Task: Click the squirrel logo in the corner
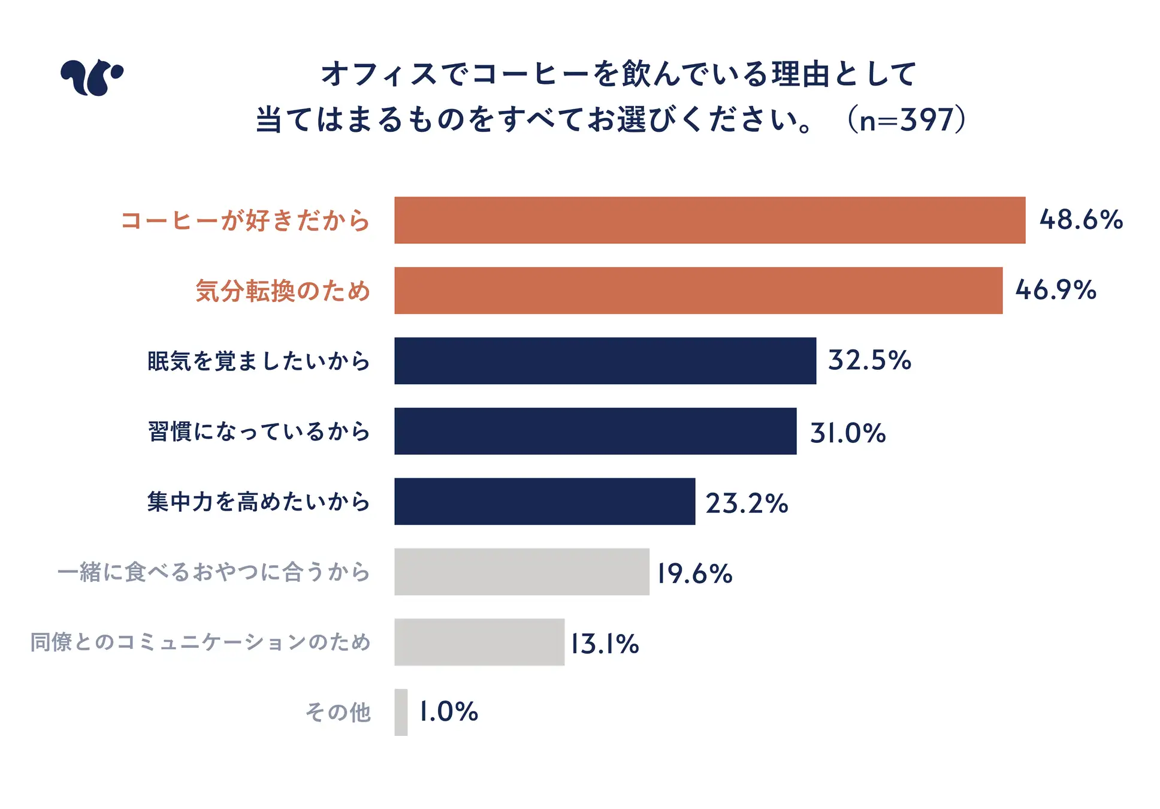pos(92,77)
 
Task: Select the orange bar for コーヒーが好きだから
pos(709,220)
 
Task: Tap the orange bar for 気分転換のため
pos(698,291)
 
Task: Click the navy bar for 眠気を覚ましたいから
pos(605,361)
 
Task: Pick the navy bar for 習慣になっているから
pos(595,431)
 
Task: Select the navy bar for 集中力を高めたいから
pos(545,502)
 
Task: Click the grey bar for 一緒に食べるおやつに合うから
pos(521,572)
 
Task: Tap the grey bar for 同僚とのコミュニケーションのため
pos(479,642)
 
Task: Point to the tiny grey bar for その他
pos(401,712)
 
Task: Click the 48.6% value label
pos(1081,220)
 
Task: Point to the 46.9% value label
pos(1056,291)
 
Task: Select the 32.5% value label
pos(869,361)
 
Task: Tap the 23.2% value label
pos(747,503)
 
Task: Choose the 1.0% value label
pos(448,712)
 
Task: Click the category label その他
pos(339,713)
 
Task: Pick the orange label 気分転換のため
pos(283,291)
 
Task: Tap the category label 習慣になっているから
pos(259,431)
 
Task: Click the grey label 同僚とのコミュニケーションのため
pos(201,642)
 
